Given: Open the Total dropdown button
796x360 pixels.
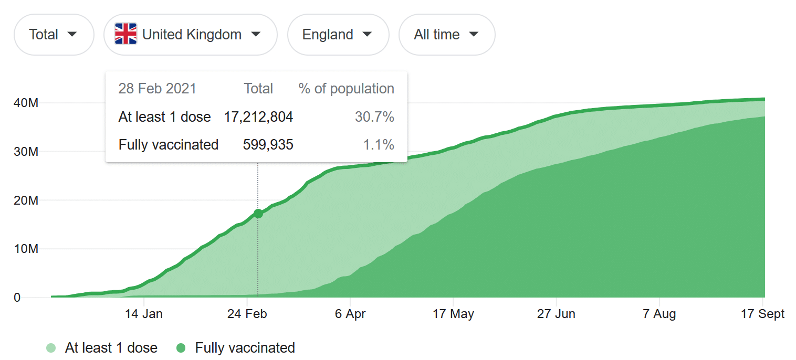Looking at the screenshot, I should [x=54, y=35].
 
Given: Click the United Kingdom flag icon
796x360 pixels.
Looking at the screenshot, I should [x=125, y=34].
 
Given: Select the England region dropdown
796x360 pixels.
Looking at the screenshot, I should [x=338, y=35].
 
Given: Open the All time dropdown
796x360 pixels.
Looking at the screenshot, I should [x=446, y=35].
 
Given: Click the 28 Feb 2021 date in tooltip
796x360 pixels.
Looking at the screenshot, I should [x=157, y=89].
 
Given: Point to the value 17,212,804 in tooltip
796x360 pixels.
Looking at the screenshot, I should [x=258, y=117].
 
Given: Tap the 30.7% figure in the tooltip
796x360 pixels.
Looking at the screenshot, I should [x=374, y=117].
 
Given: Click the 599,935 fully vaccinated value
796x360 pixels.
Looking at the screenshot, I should [x=268, y=144].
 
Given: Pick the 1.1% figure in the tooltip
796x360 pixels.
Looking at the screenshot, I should [x=379, y=144].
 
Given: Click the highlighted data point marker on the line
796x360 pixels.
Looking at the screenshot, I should [x=258, y=214].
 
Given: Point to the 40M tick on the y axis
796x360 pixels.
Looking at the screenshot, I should [x=26, y=103].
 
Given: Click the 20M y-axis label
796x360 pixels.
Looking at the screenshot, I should [x=26, y=200].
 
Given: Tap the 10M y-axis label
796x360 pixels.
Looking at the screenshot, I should [x=26, y=249].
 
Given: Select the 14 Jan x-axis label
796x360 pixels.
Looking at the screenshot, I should [x=144, y=314].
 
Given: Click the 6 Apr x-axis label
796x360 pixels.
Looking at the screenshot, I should [x=350, y=314].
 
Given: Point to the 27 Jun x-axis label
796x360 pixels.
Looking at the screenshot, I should [x=556, y=314].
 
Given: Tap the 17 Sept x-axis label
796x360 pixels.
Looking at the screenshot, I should [x=762, y=314].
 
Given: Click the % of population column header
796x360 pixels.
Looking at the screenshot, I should [x=346, y=89].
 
